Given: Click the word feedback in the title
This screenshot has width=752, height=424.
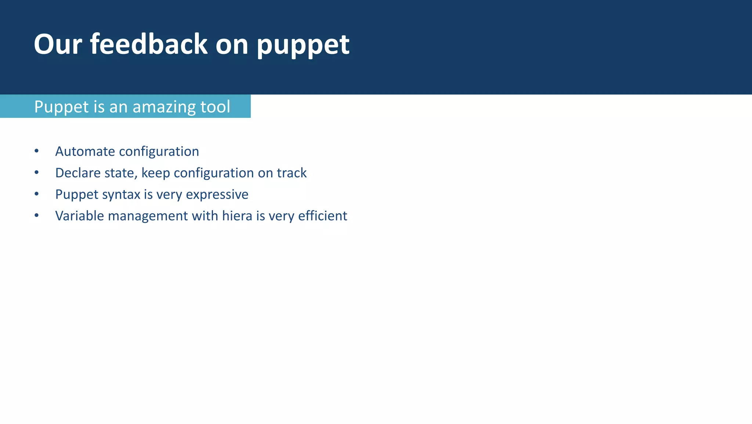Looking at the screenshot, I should click(149, 44).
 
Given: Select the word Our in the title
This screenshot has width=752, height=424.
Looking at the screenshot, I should click(58, 44).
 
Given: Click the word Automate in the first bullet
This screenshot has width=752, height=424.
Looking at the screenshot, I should click(85, 151).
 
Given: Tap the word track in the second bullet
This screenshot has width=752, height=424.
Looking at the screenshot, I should click(292, 173).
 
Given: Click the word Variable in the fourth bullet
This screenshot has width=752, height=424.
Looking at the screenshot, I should click(80, 216).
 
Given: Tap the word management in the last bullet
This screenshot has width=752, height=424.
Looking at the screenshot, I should click(148, 216).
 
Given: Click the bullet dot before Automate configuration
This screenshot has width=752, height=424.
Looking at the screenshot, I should click(36, 151).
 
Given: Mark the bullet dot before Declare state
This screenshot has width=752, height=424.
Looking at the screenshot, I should click(36, 173).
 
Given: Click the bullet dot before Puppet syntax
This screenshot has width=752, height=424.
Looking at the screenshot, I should click(36, 194).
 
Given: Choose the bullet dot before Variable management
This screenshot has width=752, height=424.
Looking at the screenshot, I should click(36, 215).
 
